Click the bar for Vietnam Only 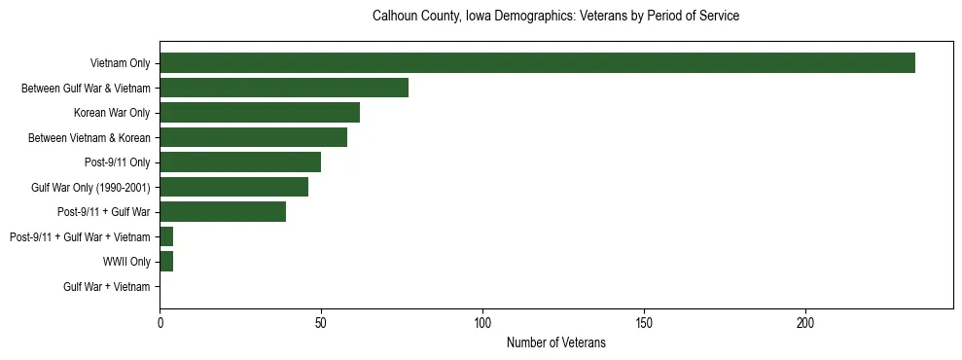coord(537,63)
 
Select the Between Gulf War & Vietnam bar coord(284,88)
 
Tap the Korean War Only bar coord(260,113)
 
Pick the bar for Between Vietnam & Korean coord(253,137)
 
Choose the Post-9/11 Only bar coord(240,162)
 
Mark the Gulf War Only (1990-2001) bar coord(233,187)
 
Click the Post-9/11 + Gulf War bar coord(223,212)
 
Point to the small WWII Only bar coord(166,262)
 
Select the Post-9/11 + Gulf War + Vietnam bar coord(166,236)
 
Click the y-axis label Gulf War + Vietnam coord(107,287)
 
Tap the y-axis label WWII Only coord(126,262)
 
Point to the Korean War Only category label coord(112,113)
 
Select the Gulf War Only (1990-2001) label coord(90,187)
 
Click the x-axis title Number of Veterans coord(555,342)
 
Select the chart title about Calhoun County coord(555,17)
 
